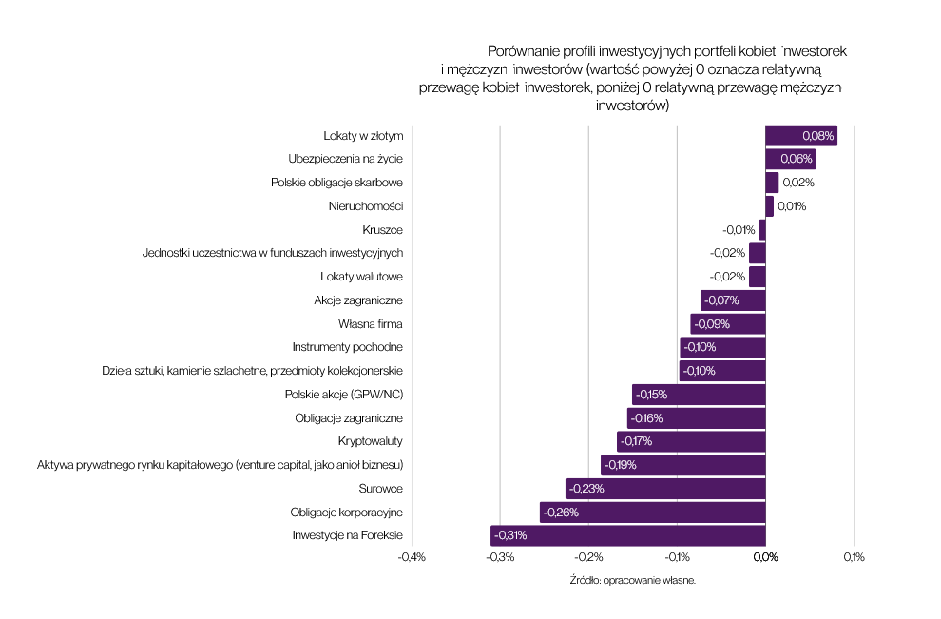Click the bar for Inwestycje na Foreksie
click(x=627, y=536)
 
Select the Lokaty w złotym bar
click(x=800, y=135)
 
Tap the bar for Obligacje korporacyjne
click(x=652, y=513)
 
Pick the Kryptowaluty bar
click(x=691, y=441)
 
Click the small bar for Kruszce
click(x=762, y=229)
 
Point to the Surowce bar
click(x=665, y=489)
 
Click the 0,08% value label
click(x=817, y=135)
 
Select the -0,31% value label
click(x=510, y=536)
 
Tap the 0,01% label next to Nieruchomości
click(x=791, y=205)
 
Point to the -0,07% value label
click(x=721, y=300)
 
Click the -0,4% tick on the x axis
click(x=412, y=557)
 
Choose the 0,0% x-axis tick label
click(x=765, y=557)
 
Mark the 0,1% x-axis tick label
click(x=854, y=557)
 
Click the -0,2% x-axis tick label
click(x=588, y=557)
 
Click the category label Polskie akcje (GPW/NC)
click(x=344, y=395)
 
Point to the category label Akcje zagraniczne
click(x=358, y=300)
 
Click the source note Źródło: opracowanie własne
click(x=633, y=580)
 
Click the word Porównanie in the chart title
click(x=520, y=50)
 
